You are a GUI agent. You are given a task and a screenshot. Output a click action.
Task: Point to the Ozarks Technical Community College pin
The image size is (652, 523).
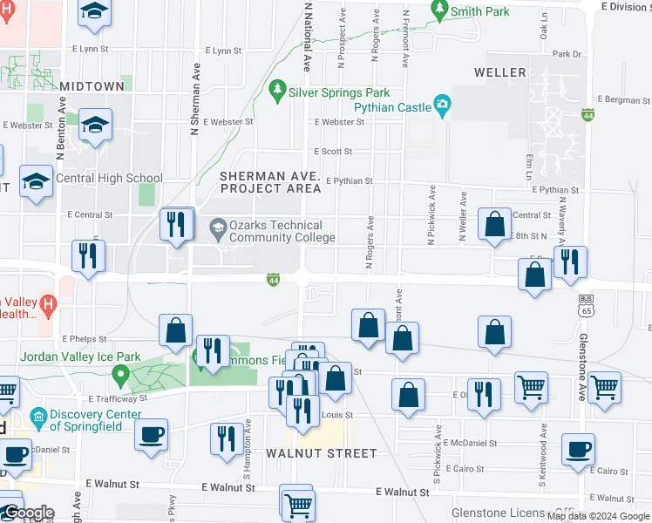click(x=218, y=230)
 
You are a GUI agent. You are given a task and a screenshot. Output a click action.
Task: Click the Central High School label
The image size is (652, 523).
click(x=109, y=178)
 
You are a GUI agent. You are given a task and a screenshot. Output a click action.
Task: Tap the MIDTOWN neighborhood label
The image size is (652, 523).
click(x=92, y=86)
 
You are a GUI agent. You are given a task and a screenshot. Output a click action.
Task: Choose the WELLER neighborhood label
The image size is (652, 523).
click(x=500, y=72)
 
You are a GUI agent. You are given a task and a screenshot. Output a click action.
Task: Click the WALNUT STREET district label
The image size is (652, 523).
click(x=322, y=453)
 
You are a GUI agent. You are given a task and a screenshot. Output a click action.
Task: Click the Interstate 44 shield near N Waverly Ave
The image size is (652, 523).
click(x=588, y=115)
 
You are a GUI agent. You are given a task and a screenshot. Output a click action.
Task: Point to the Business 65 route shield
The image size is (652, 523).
click(x=585, y=303)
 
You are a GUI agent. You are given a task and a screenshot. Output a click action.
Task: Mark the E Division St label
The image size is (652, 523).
click(x=626, y=6)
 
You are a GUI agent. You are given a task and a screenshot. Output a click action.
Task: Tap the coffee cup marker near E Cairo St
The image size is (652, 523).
click(x=577, y=450)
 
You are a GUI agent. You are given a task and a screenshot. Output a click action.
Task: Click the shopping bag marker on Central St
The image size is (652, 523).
click(x=494, y=223)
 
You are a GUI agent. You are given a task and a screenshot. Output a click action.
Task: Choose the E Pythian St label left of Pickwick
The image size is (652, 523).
click(x=349, y=182)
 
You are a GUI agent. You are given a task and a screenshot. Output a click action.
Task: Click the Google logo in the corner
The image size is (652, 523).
click(x=28, y=513)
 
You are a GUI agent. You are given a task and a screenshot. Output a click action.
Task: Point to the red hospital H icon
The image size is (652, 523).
click(x=49, y=304)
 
